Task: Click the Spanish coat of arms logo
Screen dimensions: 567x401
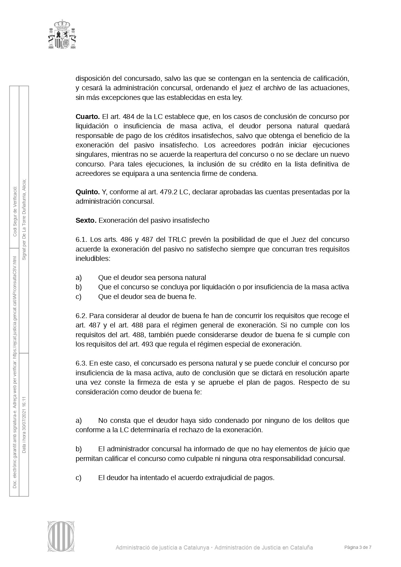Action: (x=62, y=34)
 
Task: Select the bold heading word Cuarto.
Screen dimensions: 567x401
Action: (x=88, y=116)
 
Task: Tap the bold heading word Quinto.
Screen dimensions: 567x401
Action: (x=88, y=192)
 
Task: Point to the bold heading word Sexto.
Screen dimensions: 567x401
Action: (x=86, y=220)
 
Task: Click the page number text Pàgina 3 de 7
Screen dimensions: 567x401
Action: (x=358, y=547)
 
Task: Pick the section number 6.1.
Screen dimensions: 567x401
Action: (x=81, y=240)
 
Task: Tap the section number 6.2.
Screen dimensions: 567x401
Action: (x=81, y=316)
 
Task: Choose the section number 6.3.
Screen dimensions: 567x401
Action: (x=81, y=363)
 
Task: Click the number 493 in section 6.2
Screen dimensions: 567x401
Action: (x=147, y=344)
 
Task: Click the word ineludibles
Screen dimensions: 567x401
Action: (x=93, y=259)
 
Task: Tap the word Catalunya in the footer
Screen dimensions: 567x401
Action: (x=196, y=547)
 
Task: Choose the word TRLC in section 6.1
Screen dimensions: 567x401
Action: (x=176, y=240)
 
